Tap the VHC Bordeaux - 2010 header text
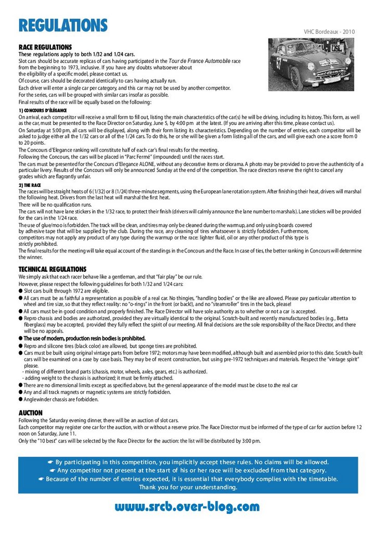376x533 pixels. point(329,32)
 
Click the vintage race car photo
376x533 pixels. point(311,65)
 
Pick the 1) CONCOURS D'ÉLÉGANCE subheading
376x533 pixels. point(43,111)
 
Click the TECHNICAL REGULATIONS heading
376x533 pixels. point(53,269)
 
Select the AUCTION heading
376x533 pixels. point(31,413)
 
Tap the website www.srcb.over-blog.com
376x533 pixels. point(187,506)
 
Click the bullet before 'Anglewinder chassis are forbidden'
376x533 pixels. point(21,400)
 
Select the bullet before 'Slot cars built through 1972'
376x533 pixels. point(21,291)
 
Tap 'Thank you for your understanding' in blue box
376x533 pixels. point(188,487)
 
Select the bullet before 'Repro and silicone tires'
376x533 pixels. point(21,346)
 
